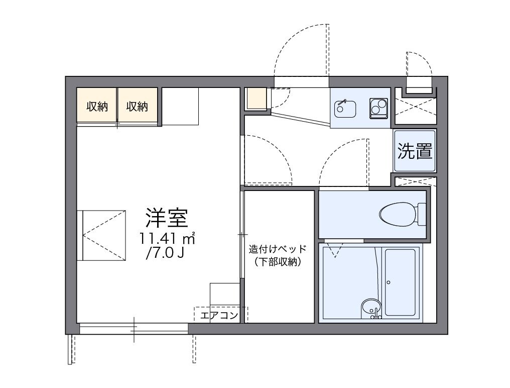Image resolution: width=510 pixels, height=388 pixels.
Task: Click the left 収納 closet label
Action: tap(97, 107)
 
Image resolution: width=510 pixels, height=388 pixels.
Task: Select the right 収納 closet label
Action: tap(137, 107)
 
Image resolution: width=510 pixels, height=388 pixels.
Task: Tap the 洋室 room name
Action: tap(167, 218)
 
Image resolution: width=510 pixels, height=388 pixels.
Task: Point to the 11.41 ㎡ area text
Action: tap(167, 238)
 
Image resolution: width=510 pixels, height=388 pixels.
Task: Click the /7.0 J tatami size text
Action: tap(164, 253)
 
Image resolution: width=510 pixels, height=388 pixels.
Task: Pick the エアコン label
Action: tap(218, 316)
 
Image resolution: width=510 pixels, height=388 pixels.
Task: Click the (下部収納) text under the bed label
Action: tap(277, 261)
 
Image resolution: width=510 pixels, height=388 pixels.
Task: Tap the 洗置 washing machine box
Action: tap(415, 151)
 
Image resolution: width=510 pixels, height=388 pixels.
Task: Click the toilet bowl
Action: tap(398, 214)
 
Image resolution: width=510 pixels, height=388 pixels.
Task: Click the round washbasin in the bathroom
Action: tap(371, 306)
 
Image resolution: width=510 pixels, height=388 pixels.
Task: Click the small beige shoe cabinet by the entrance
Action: tap(257, 99)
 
